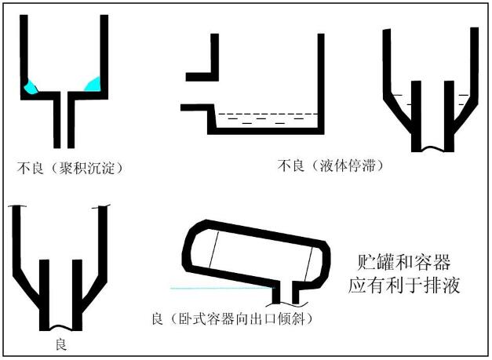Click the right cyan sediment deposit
pyautogui.click(x=93, y=82)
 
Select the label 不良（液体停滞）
pyautogui.click(x=330, y=166)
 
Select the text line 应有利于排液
pyautogui.click(x=403, y=285)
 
